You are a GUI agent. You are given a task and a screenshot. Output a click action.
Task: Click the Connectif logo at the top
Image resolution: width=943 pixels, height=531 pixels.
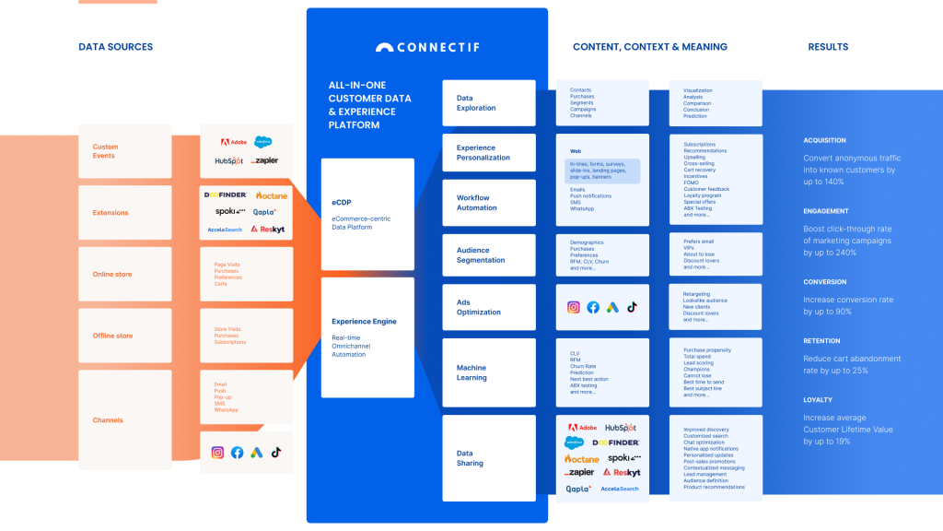[426, 47]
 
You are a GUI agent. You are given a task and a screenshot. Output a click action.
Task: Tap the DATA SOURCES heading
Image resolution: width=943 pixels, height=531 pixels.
[116, 47]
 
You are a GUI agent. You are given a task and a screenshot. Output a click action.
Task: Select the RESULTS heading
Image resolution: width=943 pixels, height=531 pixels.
[828, 47]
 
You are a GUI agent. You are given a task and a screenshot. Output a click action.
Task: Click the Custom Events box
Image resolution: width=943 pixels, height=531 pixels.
[124, 151]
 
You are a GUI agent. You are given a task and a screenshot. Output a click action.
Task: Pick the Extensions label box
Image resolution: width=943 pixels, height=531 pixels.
[124, 213]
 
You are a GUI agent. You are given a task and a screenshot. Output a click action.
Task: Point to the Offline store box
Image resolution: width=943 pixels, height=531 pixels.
[124, 336]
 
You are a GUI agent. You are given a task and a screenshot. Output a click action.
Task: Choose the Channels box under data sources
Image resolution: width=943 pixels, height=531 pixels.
[124, 419]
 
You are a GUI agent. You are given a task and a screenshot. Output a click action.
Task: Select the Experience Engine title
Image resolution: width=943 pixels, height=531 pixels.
[364, 322]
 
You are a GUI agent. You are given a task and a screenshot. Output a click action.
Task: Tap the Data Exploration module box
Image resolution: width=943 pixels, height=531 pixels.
[489, 102]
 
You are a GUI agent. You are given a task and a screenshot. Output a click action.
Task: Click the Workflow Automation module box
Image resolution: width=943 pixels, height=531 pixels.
[489, 203]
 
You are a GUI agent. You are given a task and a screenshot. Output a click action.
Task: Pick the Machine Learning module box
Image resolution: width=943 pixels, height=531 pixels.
[489, 372]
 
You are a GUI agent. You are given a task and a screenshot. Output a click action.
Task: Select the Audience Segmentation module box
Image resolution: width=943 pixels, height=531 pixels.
[489, 254]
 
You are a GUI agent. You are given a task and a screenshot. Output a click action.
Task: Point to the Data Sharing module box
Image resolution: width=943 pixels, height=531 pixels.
[489, 457]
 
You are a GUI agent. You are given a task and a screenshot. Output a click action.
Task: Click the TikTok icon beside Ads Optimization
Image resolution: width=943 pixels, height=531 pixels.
[632, 307]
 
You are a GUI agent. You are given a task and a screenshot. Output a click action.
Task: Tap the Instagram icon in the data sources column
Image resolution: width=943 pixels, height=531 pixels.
[218, 452]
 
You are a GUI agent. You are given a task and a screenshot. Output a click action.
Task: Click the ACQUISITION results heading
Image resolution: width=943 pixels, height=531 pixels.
[824, 141]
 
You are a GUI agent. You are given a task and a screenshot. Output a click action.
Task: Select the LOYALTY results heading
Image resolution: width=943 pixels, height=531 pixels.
[818, 400]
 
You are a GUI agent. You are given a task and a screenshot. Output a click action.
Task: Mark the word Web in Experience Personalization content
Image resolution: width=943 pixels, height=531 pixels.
[576, 150]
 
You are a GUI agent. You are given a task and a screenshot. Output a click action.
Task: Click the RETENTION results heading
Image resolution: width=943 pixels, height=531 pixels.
[821, 341]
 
